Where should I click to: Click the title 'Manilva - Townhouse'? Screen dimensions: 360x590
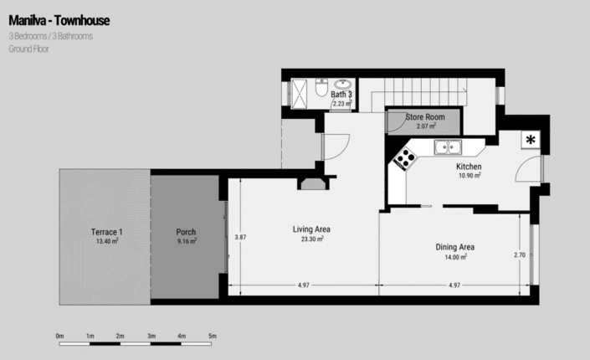tap(59, 19)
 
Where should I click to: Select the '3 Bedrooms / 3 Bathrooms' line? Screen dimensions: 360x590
tap(50, 36)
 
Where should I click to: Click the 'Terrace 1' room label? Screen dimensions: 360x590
tap(107, 232)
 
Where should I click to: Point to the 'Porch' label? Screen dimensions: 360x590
tap(186, 232)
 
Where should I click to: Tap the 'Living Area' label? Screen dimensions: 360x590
tap(308, 229)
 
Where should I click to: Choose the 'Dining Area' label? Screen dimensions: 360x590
tap(455, 247)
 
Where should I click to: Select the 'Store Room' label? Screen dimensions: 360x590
tap(426, 117)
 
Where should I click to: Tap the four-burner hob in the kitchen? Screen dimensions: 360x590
tap(405, 157)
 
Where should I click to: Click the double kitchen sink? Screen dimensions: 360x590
tap(450, 148)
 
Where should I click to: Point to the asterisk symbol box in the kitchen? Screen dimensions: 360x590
tap(531, 140)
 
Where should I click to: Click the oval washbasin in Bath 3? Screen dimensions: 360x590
tap(343, 85)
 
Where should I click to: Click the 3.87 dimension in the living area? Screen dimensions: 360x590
tap(240, 237)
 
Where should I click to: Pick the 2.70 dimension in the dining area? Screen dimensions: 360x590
tap(518, 255)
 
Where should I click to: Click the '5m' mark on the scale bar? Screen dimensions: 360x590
tap(213, 335)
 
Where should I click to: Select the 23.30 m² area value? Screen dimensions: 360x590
tap(308, 239)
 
